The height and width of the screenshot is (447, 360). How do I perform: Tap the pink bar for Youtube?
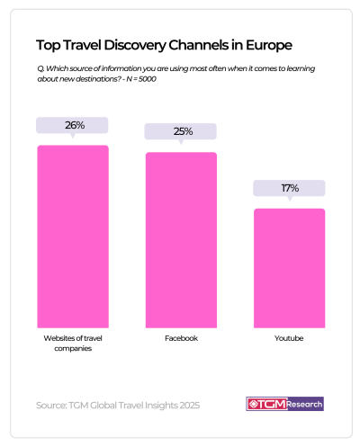(288, 267)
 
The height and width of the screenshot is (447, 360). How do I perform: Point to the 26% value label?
(72, 126)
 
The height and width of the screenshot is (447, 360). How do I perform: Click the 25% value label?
(181, 132)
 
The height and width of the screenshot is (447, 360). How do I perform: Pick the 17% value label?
(288, 189)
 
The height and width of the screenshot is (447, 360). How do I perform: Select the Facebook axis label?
(181, 338)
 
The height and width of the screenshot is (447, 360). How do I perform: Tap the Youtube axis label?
(288, 338)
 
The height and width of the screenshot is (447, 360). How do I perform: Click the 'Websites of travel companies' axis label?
(72, 344)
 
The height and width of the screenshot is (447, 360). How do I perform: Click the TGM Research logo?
(283, 404)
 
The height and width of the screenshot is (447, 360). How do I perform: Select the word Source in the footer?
(50, 405)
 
